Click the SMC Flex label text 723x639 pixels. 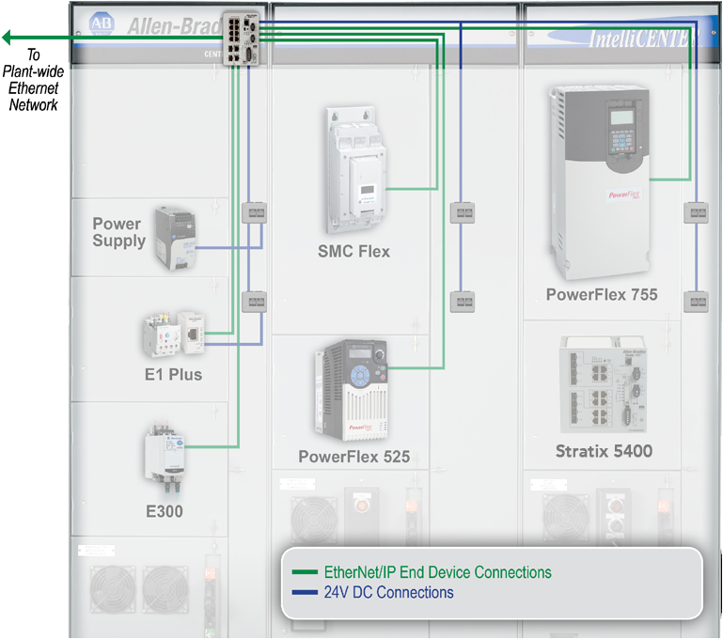[354, 252]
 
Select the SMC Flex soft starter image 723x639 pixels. [358, 169]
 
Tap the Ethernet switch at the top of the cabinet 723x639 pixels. [244, 38]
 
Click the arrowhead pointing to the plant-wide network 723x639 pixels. [8, 38]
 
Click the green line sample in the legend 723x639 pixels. [305, 572]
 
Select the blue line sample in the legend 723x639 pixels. [305, 593]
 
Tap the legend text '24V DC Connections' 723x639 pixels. [388, 593]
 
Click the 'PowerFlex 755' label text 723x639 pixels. [602, 295]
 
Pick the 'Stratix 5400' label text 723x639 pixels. [603, 451]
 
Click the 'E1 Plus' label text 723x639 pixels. [173, 375]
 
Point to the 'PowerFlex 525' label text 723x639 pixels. [354, 458]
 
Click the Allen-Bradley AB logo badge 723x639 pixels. [100, 23]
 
